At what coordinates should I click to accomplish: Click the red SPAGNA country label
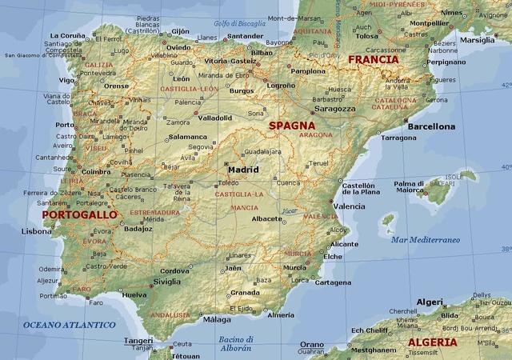pyautogui.click(x=291, y=126)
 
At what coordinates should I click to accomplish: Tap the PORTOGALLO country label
pyautogui.click(x=79, y=215)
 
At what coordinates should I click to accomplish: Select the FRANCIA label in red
pyautogui.click(x=373, y=59)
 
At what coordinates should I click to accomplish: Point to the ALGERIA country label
pyautogui.click(x=433, y=342)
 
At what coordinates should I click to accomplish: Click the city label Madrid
pyautogui.click(x=243, y=170)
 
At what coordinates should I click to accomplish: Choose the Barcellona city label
pyautogui.click(x=430, y=126)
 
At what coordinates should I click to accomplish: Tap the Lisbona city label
pyautogui.click(x=36, y=231)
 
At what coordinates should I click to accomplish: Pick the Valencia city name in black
pyautogui.click(x=349, y=206)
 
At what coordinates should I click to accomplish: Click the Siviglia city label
pyautogui.click(x=167, y=282)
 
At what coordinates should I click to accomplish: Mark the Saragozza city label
pyautogui.click(x=334, y=108)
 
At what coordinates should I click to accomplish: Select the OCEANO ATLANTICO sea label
pyautogui.click(x=69, y=325)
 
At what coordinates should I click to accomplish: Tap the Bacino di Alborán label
pyautogui.click(x=236, y=343)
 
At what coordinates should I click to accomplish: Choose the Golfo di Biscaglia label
pyautogui.click(x=238, y=23)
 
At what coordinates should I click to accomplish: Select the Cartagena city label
pyautogui.click(x=333, y=282)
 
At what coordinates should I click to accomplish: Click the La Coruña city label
pyautogui.click(x=67, y=36)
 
